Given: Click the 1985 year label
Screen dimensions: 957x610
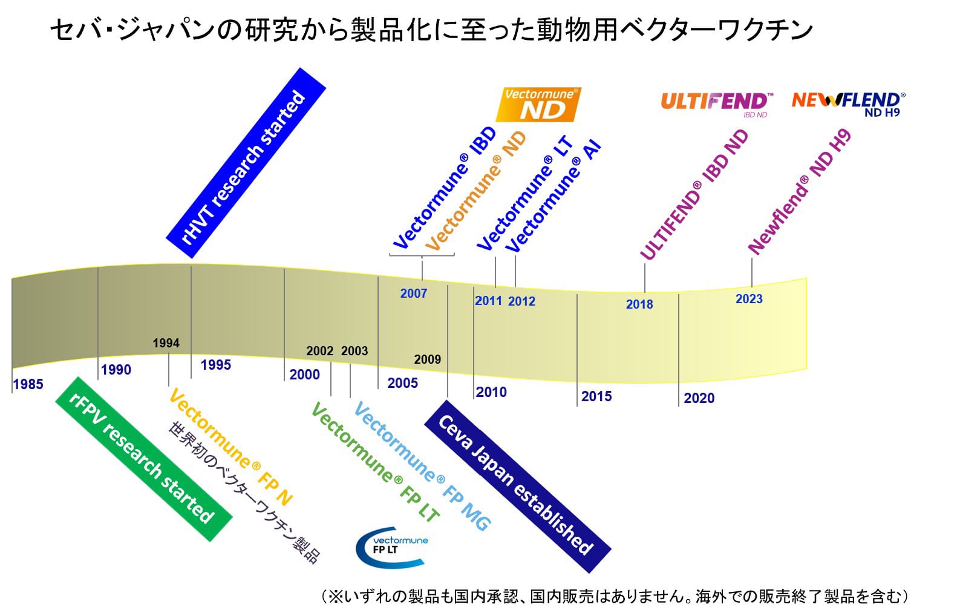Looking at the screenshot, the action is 28,384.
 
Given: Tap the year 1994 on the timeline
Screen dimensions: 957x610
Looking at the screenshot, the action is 166,343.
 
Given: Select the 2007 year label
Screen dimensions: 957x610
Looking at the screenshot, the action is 414,294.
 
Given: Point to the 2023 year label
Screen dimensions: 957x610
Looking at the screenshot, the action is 749,299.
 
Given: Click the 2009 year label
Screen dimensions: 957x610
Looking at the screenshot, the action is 427,359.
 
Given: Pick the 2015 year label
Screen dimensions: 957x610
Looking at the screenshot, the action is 596,396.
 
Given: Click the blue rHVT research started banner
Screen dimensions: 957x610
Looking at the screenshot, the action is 246,163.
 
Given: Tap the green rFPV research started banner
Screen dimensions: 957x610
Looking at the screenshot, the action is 144,459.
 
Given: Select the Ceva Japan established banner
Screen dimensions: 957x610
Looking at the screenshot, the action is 517,487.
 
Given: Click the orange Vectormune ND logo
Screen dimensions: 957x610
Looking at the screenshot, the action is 538,105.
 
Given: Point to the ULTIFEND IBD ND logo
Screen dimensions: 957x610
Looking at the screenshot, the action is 716,104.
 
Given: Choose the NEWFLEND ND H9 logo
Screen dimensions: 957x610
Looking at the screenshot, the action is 849,104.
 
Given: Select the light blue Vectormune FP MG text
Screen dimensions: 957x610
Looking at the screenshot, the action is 422,467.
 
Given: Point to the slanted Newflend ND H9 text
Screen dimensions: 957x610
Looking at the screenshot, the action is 799,192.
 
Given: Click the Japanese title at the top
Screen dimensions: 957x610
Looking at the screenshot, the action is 431,30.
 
